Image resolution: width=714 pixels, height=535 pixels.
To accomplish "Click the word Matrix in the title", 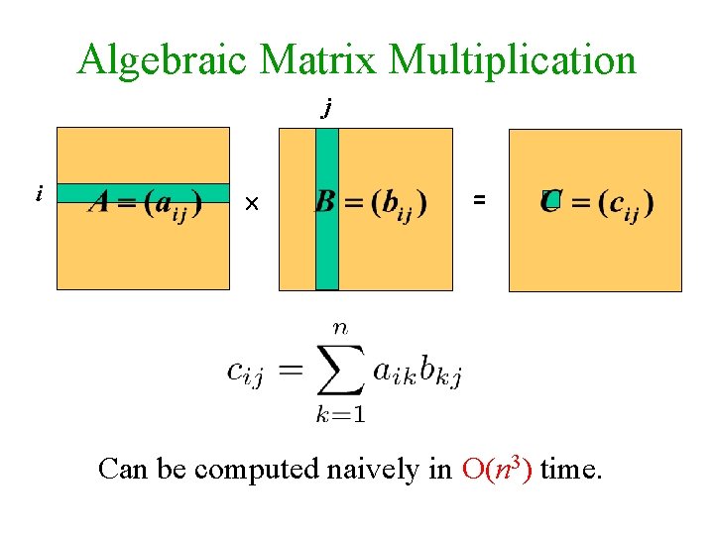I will pos(319,59).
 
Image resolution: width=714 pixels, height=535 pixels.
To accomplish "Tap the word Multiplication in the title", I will pos(513,61).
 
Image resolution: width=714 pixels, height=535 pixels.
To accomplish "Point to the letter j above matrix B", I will pos(326,109).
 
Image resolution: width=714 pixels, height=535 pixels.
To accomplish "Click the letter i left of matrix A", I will pos(39,194).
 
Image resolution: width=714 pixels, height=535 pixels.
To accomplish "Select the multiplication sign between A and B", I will pos(252,204).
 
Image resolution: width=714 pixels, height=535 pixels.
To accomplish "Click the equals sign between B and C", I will pos(479,199).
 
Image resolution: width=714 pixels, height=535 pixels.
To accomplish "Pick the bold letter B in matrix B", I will pos(324,202).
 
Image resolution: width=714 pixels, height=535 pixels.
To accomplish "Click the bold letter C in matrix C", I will pos(551,202).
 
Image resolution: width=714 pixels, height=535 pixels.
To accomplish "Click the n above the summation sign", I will pos(340,327).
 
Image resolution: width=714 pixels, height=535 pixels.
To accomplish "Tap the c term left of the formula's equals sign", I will pos(244,374).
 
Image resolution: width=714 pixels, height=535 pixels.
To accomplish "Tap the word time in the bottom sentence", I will pos(570,469).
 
